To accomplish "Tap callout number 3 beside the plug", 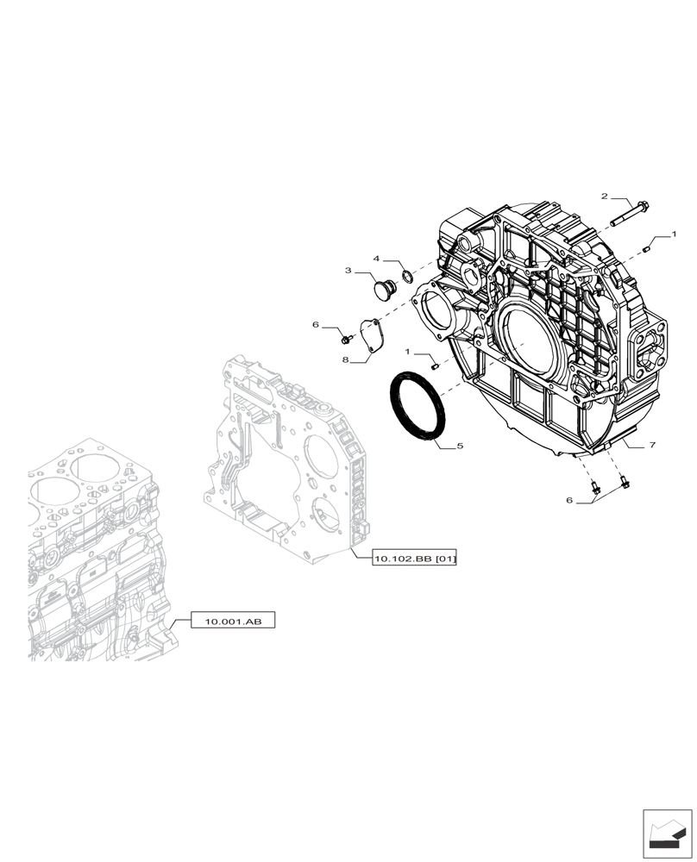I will pos(348,271).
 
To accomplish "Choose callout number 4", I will pos(377,258).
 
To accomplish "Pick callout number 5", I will pos(460,447).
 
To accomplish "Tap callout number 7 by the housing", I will pos(652,445).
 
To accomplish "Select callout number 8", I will pos(344,360).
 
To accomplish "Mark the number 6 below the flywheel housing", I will pos(568,500).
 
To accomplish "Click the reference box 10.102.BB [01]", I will pos(415,559).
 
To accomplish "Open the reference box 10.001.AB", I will pos(233,621).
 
